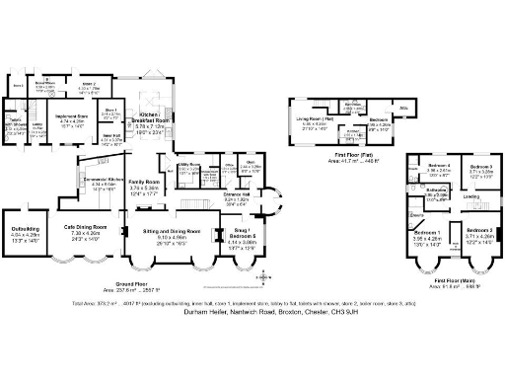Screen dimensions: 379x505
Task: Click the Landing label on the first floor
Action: [471, 195]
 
